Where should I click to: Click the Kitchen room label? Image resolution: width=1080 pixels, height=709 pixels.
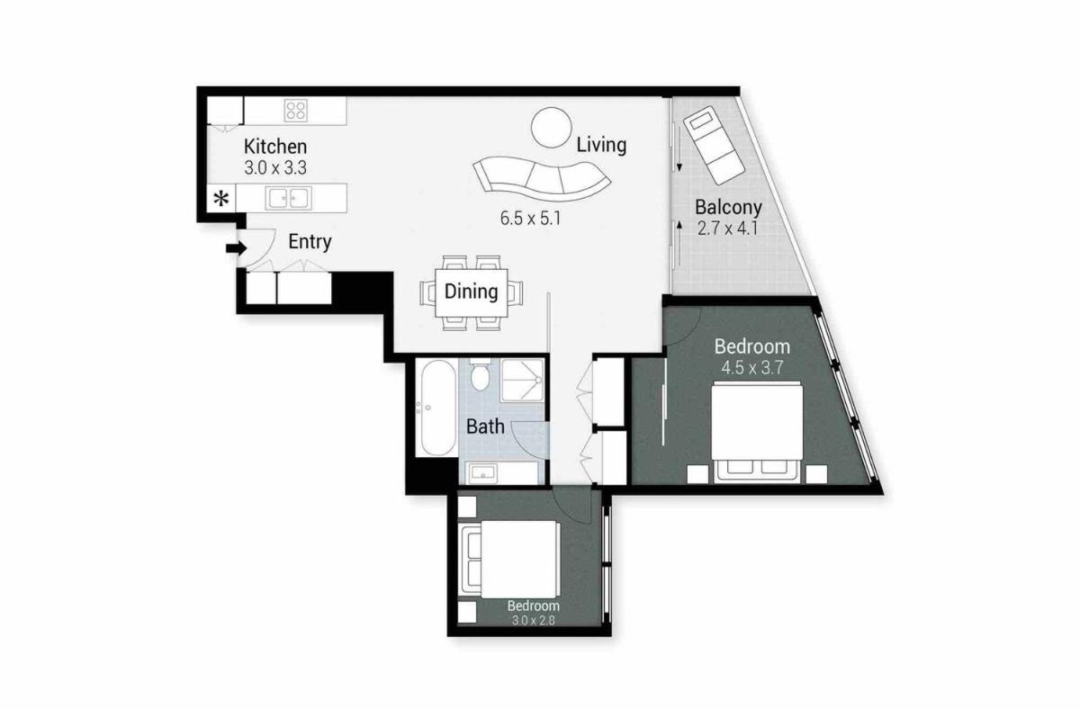pyautogui.click(x=275, y=147)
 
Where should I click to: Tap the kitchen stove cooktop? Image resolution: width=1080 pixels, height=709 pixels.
pyautogui.click(x=295, y=111)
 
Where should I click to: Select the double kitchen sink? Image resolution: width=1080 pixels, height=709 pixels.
pyautogui.click(x=288, y=198)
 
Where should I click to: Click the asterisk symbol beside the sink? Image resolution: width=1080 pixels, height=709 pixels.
pyautogui.click(x=221, y=199)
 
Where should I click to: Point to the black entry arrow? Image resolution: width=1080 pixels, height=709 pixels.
pyautogui.click(x=236, y=248)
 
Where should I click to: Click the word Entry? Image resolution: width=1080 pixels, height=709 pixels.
pyautogui.click(x=310, y=242)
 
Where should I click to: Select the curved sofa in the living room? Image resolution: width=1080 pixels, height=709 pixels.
pyautogui.click(x=543, y=179)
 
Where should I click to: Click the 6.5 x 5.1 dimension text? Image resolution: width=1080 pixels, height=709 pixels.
pyautogui.click(x=530, y=219)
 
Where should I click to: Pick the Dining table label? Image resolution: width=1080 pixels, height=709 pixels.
pyautogui.click(x=471, y=292)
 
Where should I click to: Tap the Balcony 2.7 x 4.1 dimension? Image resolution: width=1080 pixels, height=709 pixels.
pyautogui.click(x=727, y=228)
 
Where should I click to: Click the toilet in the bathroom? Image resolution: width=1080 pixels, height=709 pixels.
pyautogui.click(x=480, y=374)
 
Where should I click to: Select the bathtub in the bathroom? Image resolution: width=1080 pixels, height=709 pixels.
pyautogui.click(x=438, y=408)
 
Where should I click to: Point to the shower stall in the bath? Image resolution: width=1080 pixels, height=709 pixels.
pyautogui.click(x=523, y=381)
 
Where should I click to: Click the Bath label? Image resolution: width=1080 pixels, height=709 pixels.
pyautogui.click(x=485, y=426)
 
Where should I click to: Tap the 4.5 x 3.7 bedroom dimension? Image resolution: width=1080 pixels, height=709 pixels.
pyautogui.click(x=752, y=368)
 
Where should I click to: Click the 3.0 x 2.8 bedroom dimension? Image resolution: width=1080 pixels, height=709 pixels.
pyautogui.click(x=533, y=620)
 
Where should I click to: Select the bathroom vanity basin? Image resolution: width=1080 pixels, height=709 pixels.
pyautogui.click(x=483, y=473)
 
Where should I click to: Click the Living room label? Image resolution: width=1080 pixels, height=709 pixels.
pyautogui.click(x=602, y=145)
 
